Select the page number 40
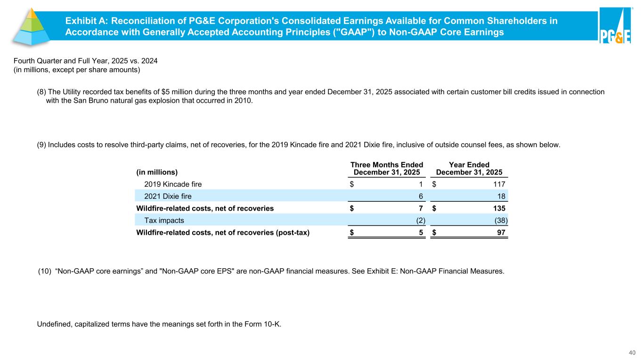click(x=632, y=352)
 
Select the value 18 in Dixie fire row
click(x=503, y=196)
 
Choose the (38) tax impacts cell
click(x=501, y=220)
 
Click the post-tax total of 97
click(x=503, y=232)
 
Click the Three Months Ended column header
click(x=387, y=168)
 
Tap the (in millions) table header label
click(x=157, y=172)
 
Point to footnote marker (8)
click(x=41, y=92)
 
